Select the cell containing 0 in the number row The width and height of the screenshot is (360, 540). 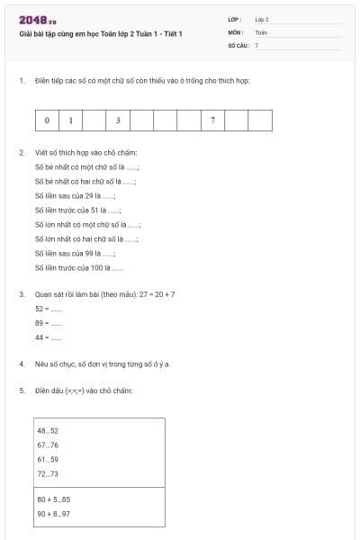[x=47, y=120]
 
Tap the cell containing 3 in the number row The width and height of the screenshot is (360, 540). [x=117, y=120]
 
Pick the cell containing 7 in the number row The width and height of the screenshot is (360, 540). [x=211, y=120]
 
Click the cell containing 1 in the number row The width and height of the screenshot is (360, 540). [x=70, y=120]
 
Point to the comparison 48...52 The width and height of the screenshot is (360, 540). [x=48, y=431]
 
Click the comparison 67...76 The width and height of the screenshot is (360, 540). [x=48, y=445]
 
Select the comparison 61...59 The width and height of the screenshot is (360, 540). [x=48, y=459]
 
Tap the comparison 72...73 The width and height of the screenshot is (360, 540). [x=48, y=473]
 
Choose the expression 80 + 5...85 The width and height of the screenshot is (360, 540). [x=53, y=499]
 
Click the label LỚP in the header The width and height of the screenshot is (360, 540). [x=236, y=19]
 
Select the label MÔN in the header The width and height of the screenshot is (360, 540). [x=236, y=31]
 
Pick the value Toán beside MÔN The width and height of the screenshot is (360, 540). [x=261, y=31]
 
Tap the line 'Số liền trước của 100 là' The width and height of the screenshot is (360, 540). [x=79, y=267]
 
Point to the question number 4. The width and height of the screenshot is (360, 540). [x=22, y=364]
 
